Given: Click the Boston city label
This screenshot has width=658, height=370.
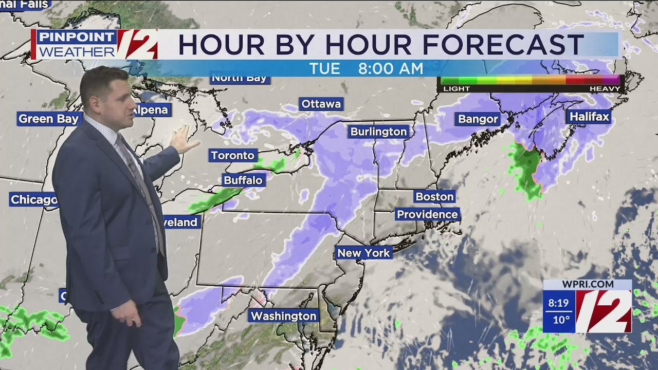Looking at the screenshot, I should (434, 197).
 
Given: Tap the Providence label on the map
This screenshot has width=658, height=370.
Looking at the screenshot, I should (427, 214).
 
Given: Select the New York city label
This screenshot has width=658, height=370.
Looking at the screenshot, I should (363, 253).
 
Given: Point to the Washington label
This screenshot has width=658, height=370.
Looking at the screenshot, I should (283, 316).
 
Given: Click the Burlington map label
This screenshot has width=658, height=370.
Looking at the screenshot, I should (378, 132).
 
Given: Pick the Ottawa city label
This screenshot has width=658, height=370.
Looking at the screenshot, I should (321, 104).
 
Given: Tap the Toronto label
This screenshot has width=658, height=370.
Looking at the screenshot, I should (233, 155).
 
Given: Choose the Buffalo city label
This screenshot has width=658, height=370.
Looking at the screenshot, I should (243, 180).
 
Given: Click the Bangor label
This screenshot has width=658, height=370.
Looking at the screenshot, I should (478, 119).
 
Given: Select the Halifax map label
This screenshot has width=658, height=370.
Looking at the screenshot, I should (589, 117).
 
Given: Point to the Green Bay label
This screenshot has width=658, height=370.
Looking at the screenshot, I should (49, 119).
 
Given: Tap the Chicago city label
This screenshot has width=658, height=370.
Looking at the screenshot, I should (33, 199).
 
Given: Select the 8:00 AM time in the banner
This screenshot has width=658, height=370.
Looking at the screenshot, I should (391, 68).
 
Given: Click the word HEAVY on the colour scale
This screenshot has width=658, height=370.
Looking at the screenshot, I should (605, 88).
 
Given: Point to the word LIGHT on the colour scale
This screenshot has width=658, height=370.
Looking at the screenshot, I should (456, 88).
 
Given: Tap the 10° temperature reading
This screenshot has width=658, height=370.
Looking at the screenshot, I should (561, 320).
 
